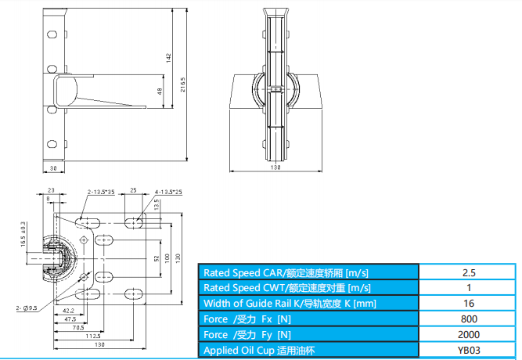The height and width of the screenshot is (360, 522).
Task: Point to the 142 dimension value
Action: click(167, 57)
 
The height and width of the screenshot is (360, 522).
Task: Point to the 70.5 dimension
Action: click(80, 328)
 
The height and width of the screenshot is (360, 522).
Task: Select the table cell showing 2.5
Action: click(469, 272)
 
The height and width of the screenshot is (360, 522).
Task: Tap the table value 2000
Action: click(469, 334)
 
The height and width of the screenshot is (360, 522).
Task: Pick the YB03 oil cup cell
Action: click(469, 350)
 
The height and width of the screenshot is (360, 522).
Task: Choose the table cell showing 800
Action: click(469, 319)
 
